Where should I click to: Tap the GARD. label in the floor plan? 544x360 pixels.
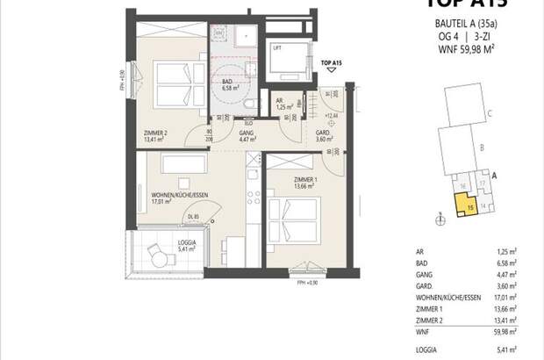[x=324, y=132]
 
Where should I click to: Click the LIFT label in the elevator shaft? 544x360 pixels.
[x=277, y=49]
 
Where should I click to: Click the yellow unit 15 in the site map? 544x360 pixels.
[x=462, y=206]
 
